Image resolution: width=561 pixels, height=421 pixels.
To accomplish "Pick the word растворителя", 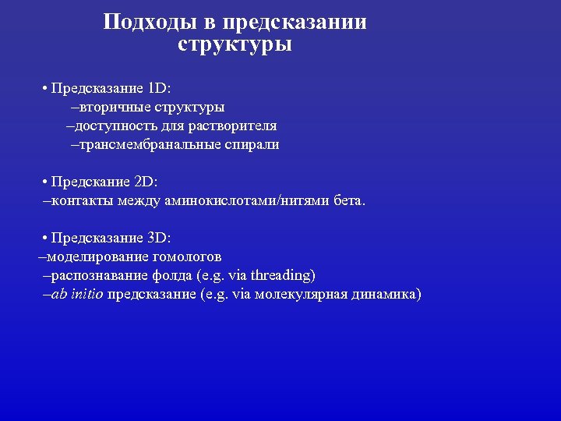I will click(238, 126).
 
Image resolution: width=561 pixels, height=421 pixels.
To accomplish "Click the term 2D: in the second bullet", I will click(146, 182).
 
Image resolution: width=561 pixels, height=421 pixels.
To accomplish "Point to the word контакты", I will click(77, 201).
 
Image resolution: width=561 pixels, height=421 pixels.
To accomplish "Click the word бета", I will click(348, 201).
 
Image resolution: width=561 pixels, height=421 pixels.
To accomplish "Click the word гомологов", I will click(187, 256).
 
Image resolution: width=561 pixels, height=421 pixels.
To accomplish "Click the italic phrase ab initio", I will click(76, 295).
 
